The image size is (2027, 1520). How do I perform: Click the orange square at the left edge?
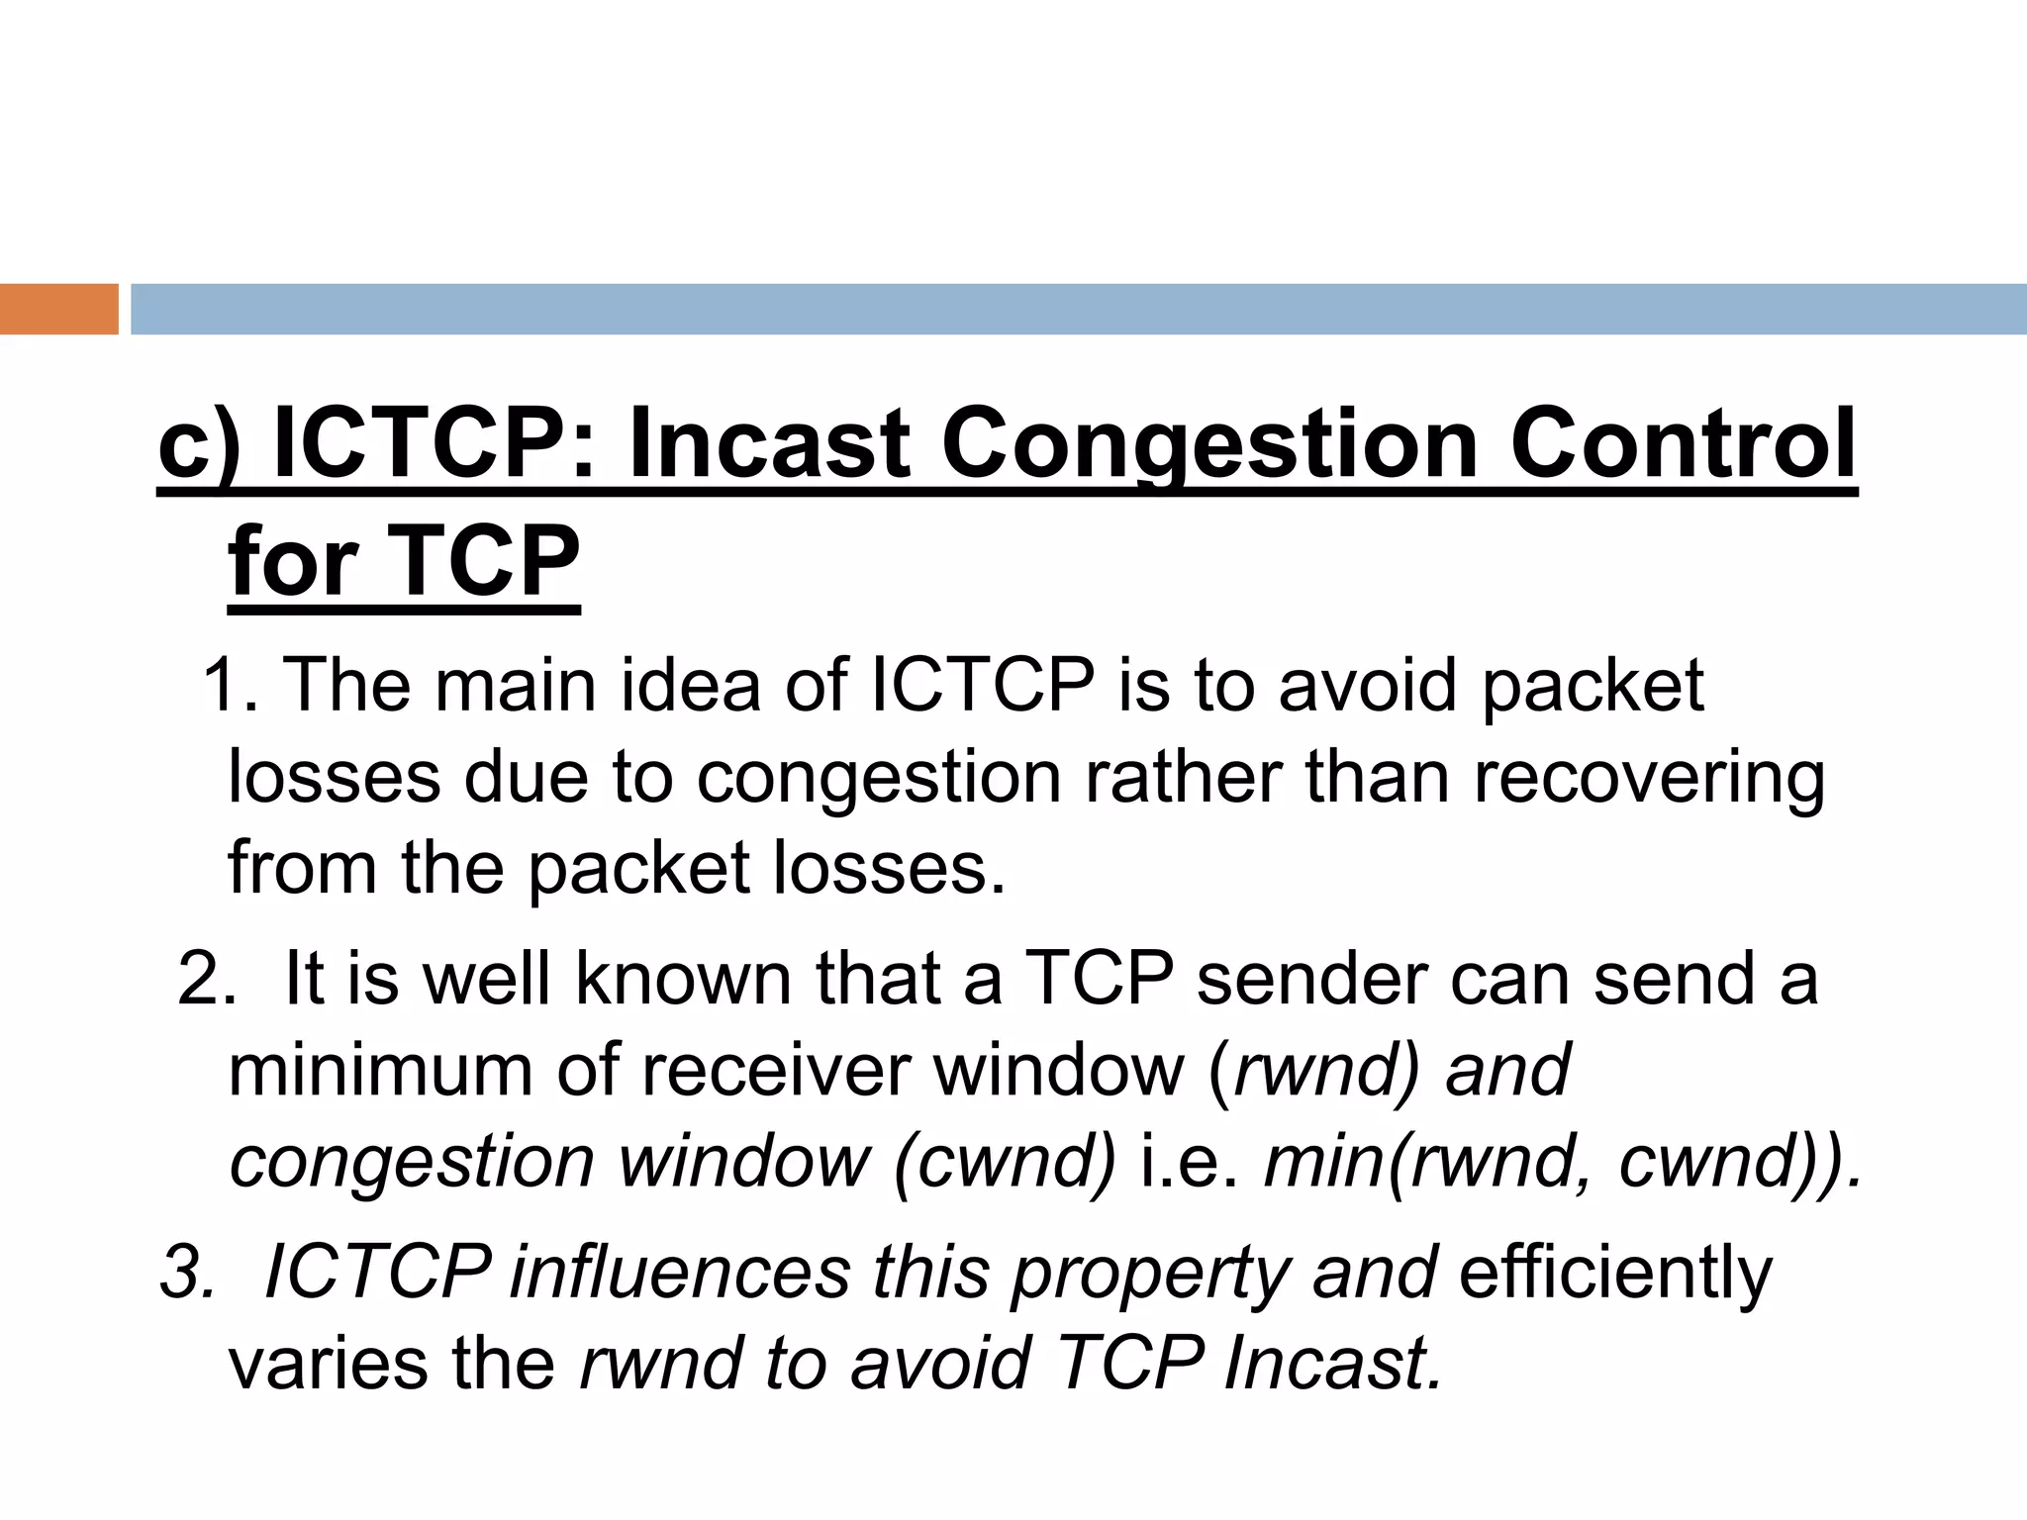coord(58,309)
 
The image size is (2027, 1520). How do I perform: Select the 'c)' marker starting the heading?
coord(199,445)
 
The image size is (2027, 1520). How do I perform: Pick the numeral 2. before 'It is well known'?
coord(207,978)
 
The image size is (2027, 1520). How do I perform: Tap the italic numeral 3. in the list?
coord(187,1272)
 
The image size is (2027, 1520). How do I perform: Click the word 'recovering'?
coord(1649,778)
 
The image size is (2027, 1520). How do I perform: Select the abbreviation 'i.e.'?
coord(1191,1162)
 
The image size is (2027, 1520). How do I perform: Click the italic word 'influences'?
coord(680,1272)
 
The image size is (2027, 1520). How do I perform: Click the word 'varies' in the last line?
coord(328,1363)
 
